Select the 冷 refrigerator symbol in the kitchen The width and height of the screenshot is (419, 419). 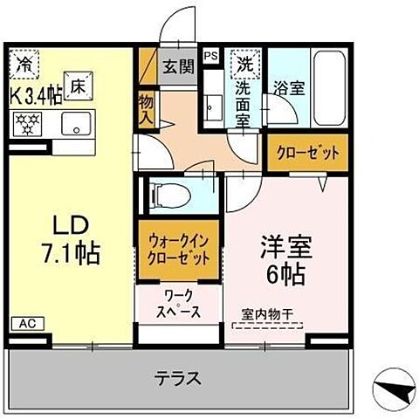(24, 65)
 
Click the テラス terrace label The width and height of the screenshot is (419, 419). (178, 379)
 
